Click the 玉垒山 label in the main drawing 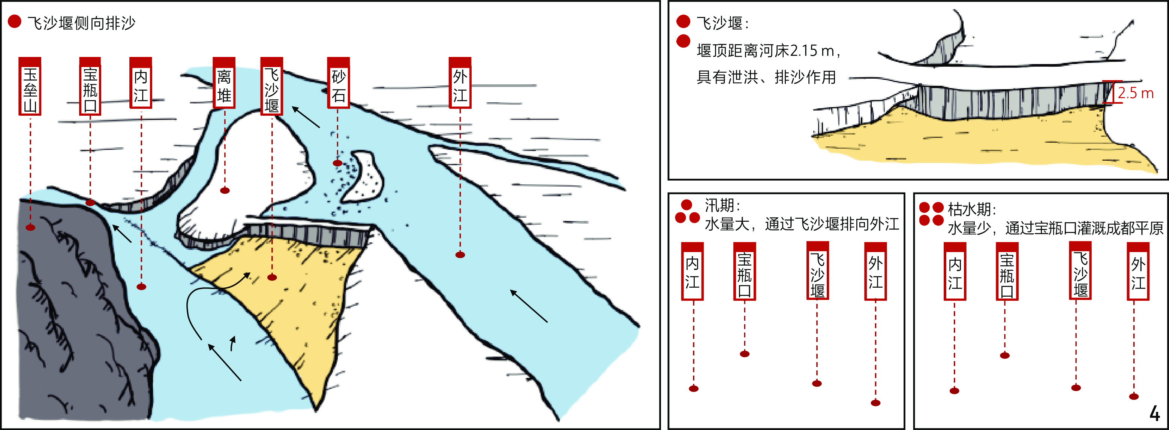click(x=30, y=86)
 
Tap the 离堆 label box click(x=224, y=83)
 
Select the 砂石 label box click(x=339, y=83)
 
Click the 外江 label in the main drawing click(x=460, y=83)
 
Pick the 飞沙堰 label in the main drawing click(x=272, y=86)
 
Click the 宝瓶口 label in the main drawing click(x=90, y=86)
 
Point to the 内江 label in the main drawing click(x=141, y=83)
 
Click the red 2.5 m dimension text click(x=1135, y=93)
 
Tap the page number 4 click(x=1155, y=413)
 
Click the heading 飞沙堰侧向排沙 click(x=81, y=23)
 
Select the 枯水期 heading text click(x=971, y=209)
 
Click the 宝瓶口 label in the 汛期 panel click(x=745, y=271)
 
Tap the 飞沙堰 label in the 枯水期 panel click(x=1081, y=270)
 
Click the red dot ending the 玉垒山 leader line click(x=30, y=227)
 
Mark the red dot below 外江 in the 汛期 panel click(x=876, y=403)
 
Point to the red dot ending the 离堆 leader click(x=225, y=191)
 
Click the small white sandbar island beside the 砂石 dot click(x=363, y=177)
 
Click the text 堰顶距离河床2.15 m click(x=765, y=51)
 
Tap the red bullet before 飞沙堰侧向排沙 click(x=15, y=22)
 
